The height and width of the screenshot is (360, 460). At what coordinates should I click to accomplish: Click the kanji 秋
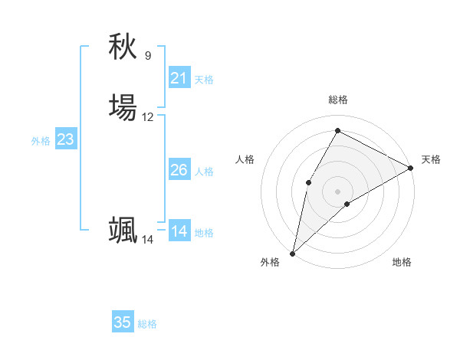[123, 47]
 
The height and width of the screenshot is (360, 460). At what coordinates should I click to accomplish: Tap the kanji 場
[123, 107]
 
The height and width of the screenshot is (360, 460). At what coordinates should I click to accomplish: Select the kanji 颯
[123, 230]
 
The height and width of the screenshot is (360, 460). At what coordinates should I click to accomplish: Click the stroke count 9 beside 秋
[148, 56]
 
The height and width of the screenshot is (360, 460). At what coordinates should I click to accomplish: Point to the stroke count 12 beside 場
[148, 117]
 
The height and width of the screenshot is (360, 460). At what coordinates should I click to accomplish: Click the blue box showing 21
[179, 78]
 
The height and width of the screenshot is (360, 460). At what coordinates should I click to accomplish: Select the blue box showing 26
[179, 170]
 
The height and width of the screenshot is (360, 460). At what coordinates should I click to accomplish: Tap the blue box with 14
[179, 231]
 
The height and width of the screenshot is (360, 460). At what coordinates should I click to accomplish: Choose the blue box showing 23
[66, 139]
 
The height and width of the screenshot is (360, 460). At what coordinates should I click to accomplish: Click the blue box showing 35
[123, 322]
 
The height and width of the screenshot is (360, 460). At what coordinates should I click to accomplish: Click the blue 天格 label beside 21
[204, 80]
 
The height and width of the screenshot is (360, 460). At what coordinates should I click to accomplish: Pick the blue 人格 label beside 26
[204, 172]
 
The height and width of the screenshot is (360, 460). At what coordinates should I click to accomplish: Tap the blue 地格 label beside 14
[204, 233]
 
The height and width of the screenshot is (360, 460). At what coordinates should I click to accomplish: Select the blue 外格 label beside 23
[41, 141]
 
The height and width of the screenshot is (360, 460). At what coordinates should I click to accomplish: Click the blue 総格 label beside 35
[147, 324]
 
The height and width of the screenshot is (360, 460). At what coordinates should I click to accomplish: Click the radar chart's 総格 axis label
[338, 100]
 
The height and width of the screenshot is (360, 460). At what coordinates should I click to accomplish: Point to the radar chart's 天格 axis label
[431, 159]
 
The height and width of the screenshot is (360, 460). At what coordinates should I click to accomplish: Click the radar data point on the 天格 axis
[411, 168]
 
